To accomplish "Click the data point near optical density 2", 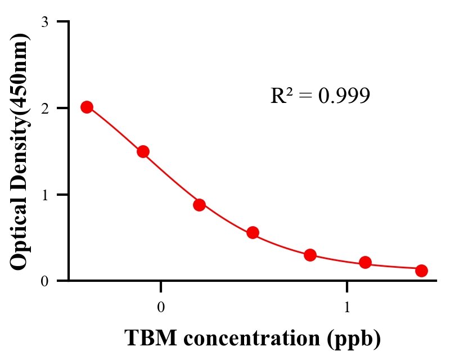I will tap(87, 107).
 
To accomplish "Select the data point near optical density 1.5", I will tap(143, 151).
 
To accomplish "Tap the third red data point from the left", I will tap(199, 205).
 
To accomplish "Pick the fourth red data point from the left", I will tap(253, 232).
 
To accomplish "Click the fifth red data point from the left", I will tap(310, 255).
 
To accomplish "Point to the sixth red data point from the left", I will tap(366, 262).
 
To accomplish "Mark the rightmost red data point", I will tap(421, 271).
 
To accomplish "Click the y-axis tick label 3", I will tap(44, 22).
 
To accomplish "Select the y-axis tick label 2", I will tap(44, 108).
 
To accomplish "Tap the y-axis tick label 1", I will tap(44, 195).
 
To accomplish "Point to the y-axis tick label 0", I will tap(44, 281).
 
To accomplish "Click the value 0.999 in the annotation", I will tap(344, 96).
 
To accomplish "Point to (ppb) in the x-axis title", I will tap(352, 339).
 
